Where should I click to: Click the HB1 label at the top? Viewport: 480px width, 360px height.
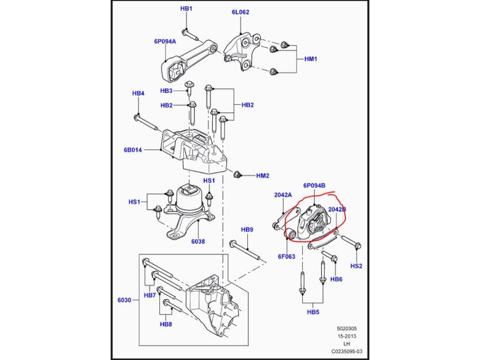point(186,9)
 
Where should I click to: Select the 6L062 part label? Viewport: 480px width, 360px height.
point(240,13)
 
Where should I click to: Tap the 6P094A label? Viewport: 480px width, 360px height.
point(165,41)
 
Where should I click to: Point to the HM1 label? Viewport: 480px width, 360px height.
point(311,59)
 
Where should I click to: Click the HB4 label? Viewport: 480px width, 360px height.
point(138,93)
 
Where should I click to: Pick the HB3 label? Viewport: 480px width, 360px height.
point(166,90)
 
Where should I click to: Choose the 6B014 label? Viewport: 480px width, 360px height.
point(133,150)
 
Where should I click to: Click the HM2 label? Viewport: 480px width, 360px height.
point(262,176)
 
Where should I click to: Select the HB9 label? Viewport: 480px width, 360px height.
point(247,230)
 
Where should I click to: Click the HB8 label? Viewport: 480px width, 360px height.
point(165,324)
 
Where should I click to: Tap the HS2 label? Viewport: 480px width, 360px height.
point(356,266)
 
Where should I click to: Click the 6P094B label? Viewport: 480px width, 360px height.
point(314,186)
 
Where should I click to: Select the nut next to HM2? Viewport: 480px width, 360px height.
point(237,175)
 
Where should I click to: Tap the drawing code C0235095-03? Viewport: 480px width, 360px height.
point(347,351)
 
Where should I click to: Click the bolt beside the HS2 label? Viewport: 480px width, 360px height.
point(349,241)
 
